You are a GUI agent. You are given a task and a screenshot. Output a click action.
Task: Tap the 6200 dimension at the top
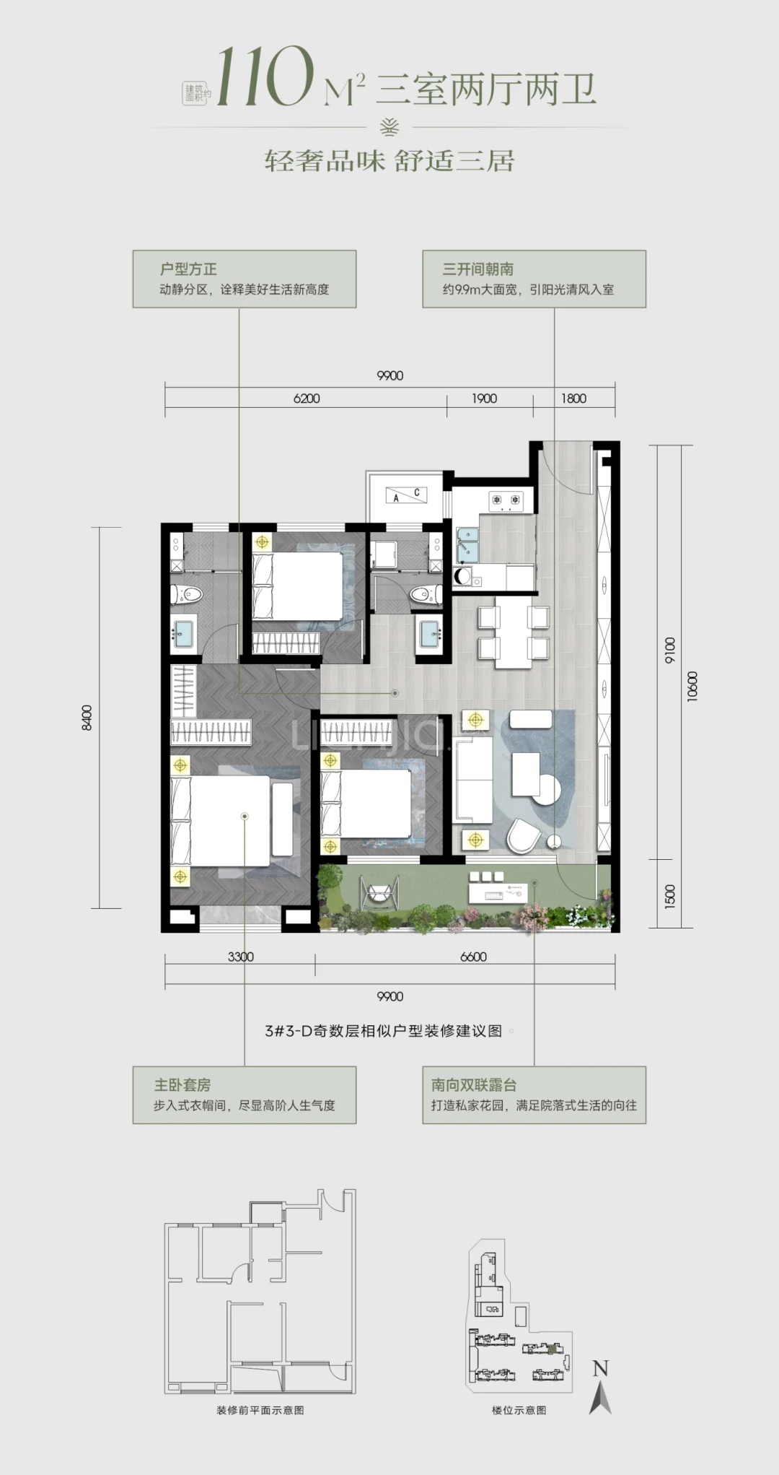(307, 399)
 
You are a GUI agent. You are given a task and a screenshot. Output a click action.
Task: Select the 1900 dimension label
(484, 399)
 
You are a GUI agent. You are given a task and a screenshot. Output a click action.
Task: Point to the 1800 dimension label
(573, 399)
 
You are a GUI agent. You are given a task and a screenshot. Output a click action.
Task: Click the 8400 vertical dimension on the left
(87, 718)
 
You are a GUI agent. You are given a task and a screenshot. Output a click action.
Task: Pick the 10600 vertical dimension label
(692, 686)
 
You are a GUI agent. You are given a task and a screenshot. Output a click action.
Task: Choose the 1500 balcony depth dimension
(670, 895)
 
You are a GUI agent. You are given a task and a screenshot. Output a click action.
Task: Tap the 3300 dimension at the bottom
(241, 957)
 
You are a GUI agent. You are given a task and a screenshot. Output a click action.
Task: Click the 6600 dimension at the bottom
(473, 957)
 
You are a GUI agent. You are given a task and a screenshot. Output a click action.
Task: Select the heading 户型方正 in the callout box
(188, 269)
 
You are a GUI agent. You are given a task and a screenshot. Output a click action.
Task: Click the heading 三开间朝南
(478, 269)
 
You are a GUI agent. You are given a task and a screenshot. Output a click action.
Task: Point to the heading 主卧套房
(182, 1085)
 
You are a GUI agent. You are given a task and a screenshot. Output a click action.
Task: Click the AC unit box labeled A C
(406, 495)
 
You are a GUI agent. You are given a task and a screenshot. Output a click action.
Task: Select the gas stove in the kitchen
(506, 500)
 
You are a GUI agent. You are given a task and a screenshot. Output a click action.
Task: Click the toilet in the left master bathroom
(189, 594)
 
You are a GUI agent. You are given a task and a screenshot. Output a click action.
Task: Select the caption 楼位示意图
(519, 1410)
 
